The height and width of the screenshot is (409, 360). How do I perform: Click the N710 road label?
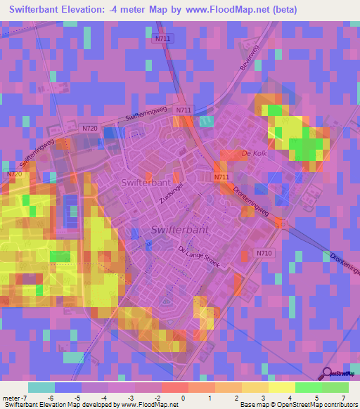pyautogui.click(x=264, y=252)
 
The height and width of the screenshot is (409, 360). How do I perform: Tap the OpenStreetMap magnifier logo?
pyautogui.click(x=327, y=373)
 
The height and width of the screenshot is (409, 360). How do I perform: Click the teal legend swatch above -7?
pyautogui.click(x=41, y=387)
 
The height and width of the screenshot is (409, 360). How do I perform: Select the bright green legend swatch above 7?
pyautogui.click(x=335, y=387)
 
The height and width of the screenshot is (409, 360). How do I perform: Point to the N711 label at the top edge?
pyautogui.click(x=160, y=39)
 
